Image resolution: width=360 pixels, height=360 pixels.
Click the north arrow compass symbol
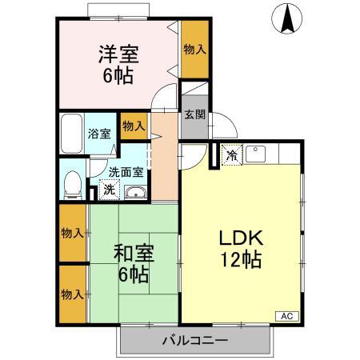286,19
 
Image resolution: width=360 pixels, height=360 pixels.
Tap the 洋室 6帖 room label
118,66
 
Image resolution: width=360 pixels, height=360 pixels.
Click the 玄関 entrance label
194,113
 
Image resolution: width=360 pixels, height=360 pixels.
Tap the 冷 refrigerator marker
232,155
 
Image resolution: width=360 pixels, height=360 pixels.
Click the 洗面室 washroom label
126,171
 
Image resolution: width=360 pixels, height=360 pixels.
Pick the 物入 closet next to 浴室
133,126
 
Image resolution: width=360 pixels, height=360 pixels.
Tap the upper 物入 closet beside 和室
73,233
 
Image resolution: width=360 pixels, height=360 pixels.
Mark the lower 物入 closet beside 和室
73,294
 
